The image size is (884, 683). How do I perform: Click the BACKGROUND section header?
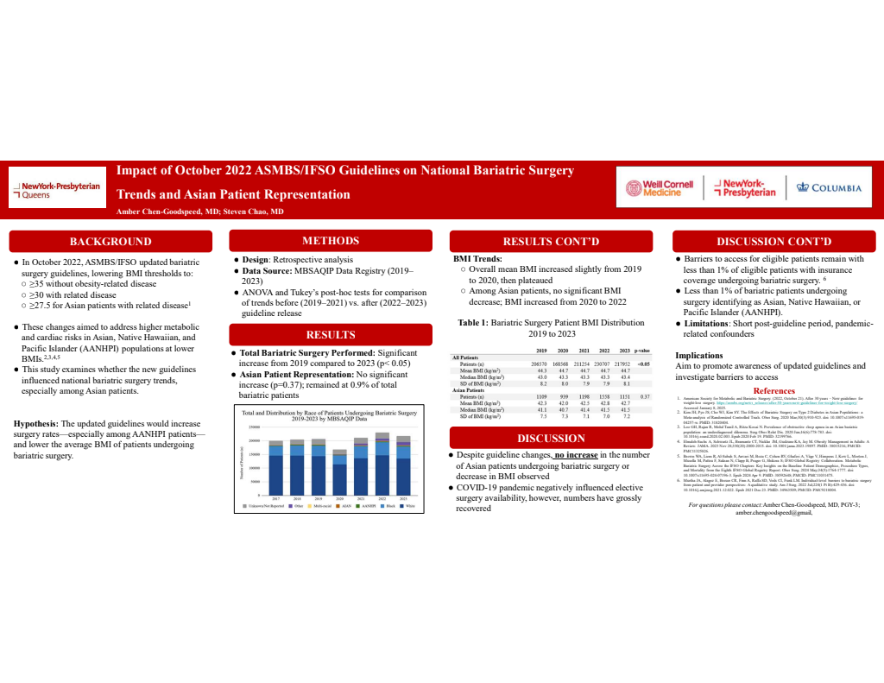[x=110, y=241]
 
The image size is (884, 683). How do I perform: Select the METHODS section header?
[x=331, y=240]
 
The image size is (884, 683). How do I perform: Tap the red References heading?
[x=774, y=391]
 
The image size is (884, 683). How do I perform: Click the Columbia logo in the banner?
[x=828, y=187]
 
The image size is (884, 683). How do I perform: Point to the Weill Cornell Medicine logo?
[x=662, y=187]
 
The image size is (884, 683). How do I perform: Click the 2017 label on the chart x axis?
[x=276, y=498]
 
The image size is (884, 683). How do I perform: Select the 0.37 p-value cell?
[x=643, y=395]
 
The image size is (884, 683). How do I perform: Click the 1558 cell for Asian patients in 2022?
[x=600, y=395]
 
